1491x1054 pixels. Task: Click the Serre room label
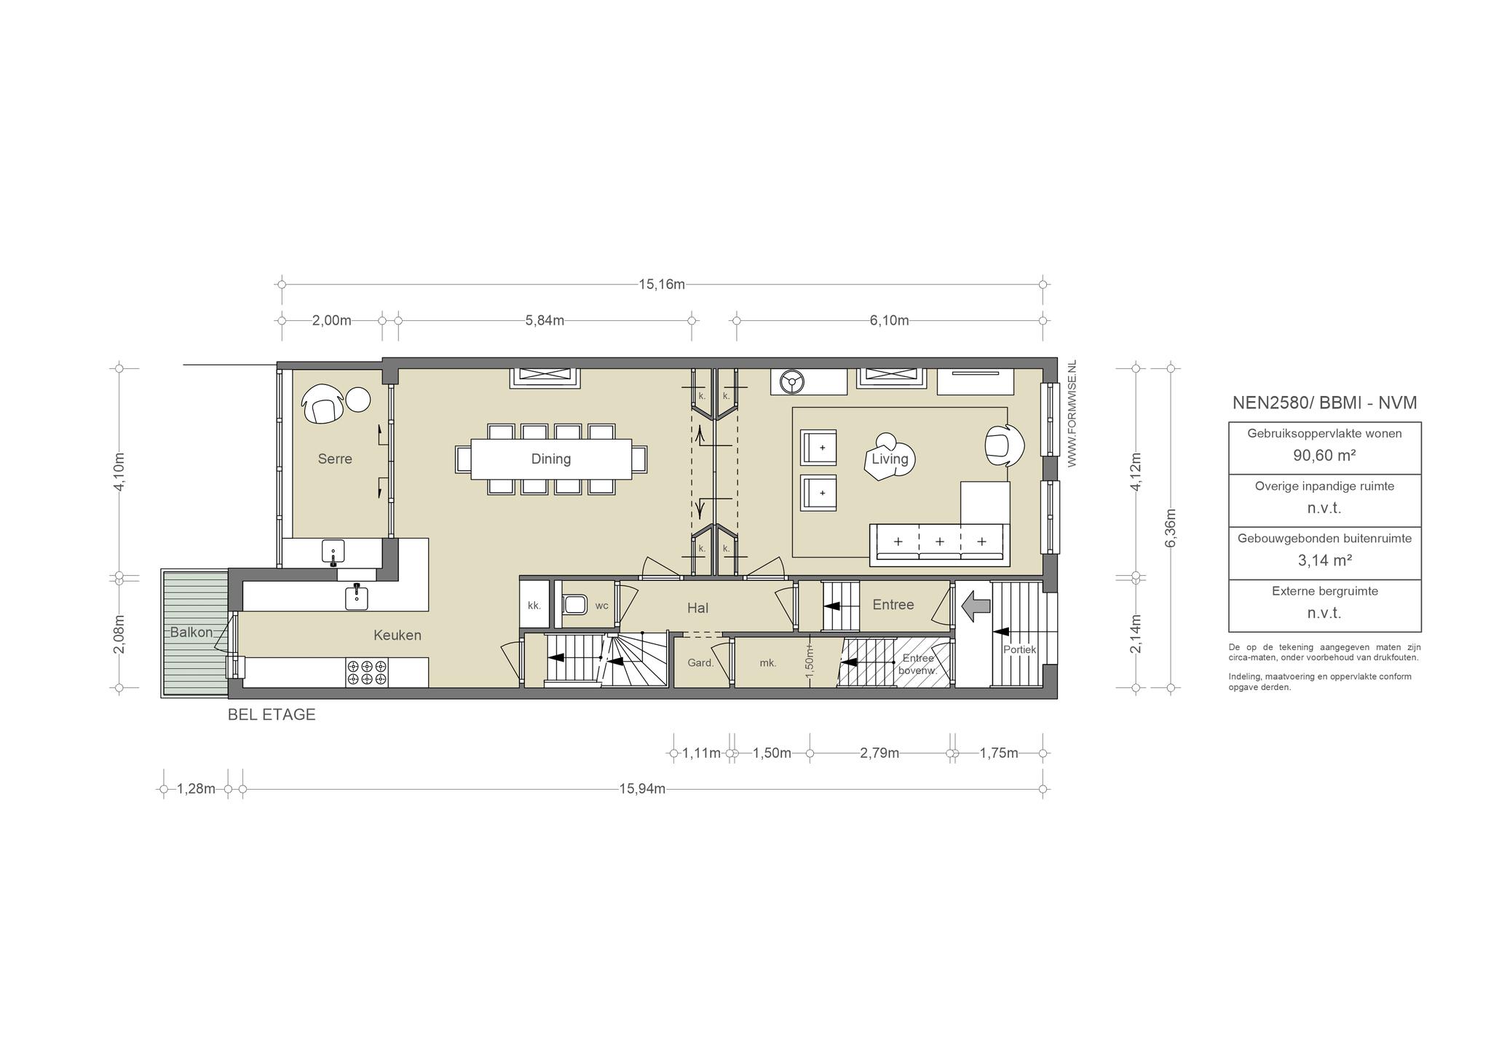click(x=335, y=459)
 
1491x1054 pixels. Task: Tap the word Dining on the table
click(x=551, y=459)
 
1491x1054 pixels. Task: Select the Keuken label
click(x=398, y=635)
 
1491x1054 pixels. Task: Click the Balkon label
click(x=191, y=632)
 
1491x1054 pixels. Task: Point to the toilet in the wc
click(x=575, y=605)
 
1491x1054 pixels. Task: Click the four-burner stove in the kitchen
click(x=367, y=672)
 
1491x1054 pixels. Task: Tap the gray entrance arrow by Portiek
click(x=976, y=606)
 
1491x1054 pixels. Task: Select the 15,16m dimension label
click(x=662, y=284)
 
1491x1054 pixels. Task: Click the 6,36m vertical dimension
click(x=1171, y=528)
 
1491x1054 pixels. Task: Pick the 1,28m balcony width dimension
click(x=197, y=788)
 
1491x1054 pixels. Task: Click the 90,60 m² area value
click(x=1324, y=455)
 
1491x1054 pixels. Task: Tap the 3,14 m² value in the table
click(x=1324, y=560)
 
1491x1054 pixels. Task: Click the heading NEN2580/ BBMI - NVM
click(x=1324, y=403)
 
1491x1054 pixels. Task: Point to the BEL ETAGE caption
click(x=272, y=715)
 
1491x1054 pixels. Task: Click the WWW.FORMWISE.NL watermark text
click(x=1072, y=413)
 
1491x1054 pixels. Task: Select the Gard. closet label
click(x=700, y=663)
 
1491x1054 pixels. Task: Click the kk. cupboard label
click(x=534, y=605)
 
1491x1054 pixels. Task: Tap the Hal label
click(x=697, y=608)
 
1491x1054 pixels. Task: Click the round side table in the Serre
click(x=357, y=399)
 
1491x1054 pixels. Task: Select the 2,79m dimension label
click(x=879, y=753)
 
